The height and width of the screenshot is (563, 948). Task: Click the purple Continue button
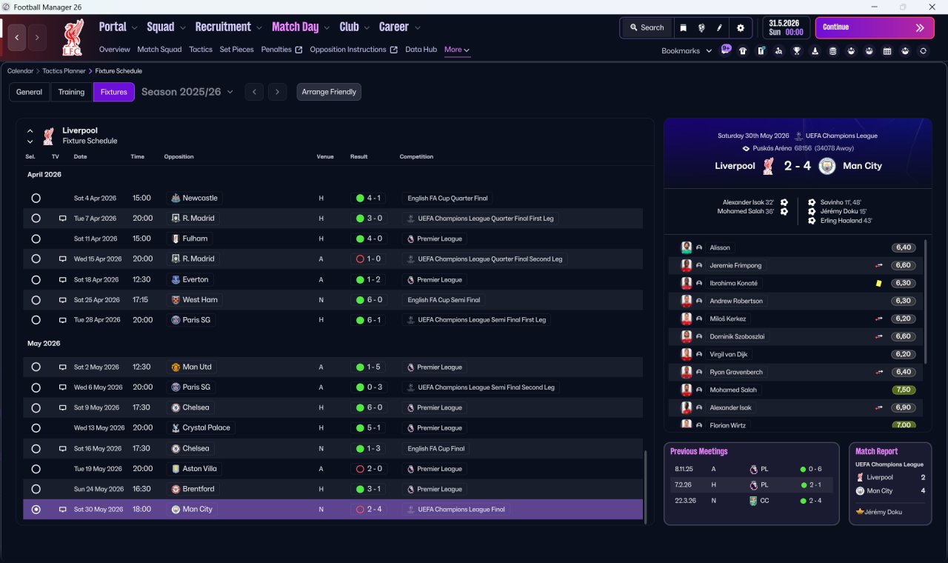click(x=875, y=27)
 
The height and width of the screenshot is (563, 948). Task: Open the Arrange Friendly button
click(x=329, y=92)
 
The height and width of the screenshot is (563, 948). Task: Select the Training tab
click(x=71, y=92)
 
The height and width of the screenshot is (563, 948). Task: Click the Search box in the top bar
click(x=647, y=27)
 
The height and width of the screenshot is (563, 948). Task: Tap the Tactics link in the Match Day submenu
click(x=201, y=50)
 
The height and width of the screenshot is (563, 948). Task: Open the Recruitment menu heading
click(x=223, y=27)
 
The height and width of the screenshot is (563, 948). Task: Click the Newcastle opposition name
click(x=200, y=198)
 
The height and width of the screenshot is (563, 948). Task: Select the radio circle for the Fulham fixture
click(x=36, y=239)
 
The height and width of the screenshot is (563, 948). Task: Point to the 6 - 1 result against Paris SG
click(x=374, y=320)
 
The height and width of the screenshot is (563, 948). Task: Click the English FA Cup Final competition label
click(x=436, y=449)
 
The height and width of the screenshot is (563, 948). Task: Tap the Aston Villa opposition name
click(x=199, y=469)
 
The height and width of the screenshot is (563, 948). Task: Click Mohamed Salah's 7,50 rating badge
click(x=903, y=390)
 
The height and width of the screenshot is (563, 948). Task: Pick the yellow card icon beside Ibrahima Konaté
click(x=878, y=283)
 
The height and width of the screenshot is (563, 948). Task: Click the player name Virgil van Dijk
click(x=728, y=354)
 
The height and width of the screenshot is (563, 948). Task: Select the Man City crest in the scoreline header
click(x=827, y=166)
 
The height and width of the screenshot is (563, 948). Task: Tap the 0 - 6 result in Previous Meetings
click(x=815, y=469)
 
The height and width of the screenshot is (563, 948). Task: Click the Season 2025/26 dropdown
click(x=187, y=92)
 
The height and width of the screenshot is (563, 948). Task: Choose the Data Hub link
click(x=421, y=50)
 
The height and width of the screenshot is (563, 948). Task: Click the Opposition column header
click(x=178, y=156)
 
